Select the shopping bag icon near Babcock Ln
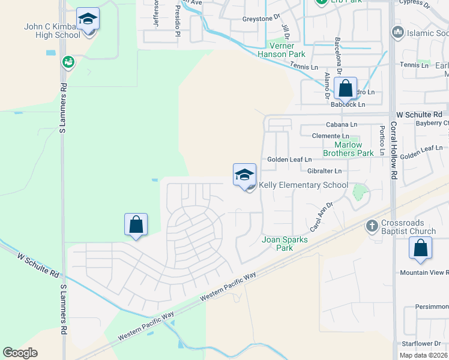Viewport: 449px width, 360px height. [346, 89]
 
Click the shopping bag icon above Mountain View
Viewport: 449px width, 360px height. [421, 248]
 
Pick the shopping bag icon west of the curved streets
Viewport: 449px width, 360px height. [136, 225]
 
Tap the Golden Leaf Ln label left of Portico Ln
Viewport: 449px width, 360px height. [289, 160]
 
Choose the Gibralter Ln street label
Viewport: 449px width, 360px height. [324, 171]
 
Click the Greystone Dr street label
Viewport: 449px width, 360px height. [261, 19]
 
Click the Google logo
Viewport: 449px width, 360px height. [20, 353]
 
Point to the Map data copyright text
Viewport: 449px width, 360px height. [423, 355]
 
